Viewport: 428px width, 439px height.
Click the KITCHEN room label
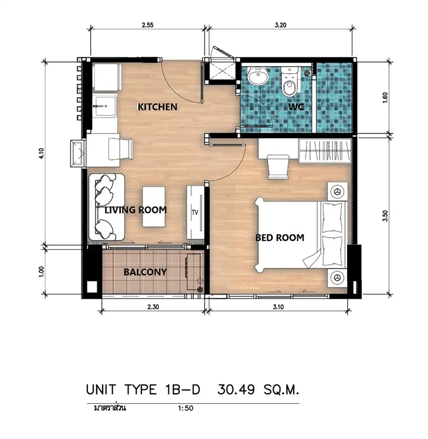click(157, 107)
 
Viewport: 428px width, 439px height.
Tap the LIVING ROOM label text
click(135, 210)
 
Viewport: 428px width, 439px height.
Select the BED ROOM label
click(280, 238)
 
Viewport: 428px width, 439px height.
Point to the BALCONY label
click(145, 272)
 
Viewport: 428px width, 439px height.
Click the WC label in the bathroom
click(296, 107)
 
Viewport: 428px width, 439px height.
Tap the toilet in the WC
click(290, 81)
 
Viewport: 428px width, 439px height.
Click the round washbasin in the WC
click(258, 75)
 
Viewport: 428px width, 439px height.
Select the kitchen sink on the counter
click(104, 107)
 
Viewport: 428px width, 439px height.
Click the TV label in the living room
click(195, 212)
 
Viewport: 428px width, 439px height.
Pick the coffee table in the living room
click(154, 207)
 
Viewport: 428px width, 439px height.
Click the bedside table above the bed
click(337, 191)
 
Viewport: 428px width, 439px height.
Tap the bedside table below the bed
click(337, 277)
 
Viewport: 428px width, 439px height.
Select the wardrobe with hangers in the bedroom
click(325, 150)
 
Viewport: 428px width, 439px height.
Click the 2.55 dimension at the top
click(148, 25)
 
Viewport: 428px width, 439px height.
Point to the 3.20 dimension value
click(280, 25)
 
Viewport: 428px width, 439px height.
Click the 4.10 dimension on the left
click(41, 153)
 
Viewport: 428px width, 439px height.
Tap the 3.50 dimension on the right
click(385, 216)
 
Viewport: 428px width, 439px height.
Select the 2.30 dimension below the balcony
click(153, 307)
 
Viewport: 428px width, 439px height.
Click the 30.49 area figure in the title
click(236, 389)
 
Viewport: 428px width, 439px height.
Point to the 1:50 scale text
click(185, 408)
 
